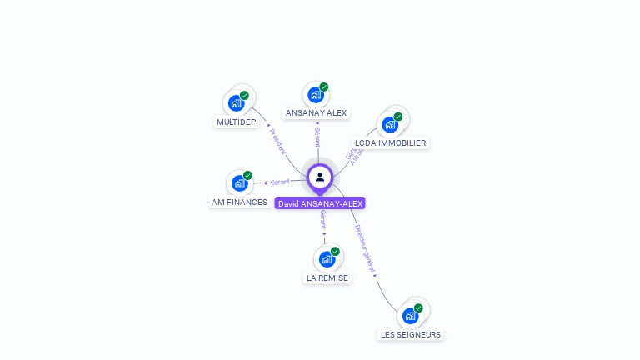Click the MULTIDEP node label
click(x=236, y=122)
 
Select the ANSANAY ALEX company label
click(x=316, y=112)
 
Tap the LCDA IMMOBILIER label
click(x=390, y=142)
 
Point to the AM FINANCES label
click(x=239, y=202)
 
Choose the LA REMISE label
click(x=327, y=277)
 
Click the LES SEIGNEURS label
click(x=410, y=334)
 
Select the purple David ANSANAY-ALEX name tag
click(x=320, y=203)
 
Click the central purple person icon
click(x=320, y=177)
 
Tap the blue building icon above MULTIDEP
click(x=236, y=103)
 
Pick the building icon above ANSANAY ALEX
click(x=315, y=94)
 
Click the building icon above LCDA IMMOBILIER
click(x=389, y=125)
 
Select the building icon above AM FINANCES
click(x=239, y=183)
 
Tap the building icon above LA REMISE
click(x=327, y=259)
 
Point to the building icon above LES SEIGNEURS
click(x=410, y=316)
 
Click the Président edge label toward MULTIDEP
click(x=277, y=141)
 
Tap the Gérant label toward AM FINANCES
click(x=280, y=182)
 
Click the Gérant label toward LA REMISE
click(x=323, y=221)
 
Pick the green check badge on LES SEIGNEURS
click(x=418, y=307)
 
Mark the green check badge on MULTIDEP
click(x=244, y=95)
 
